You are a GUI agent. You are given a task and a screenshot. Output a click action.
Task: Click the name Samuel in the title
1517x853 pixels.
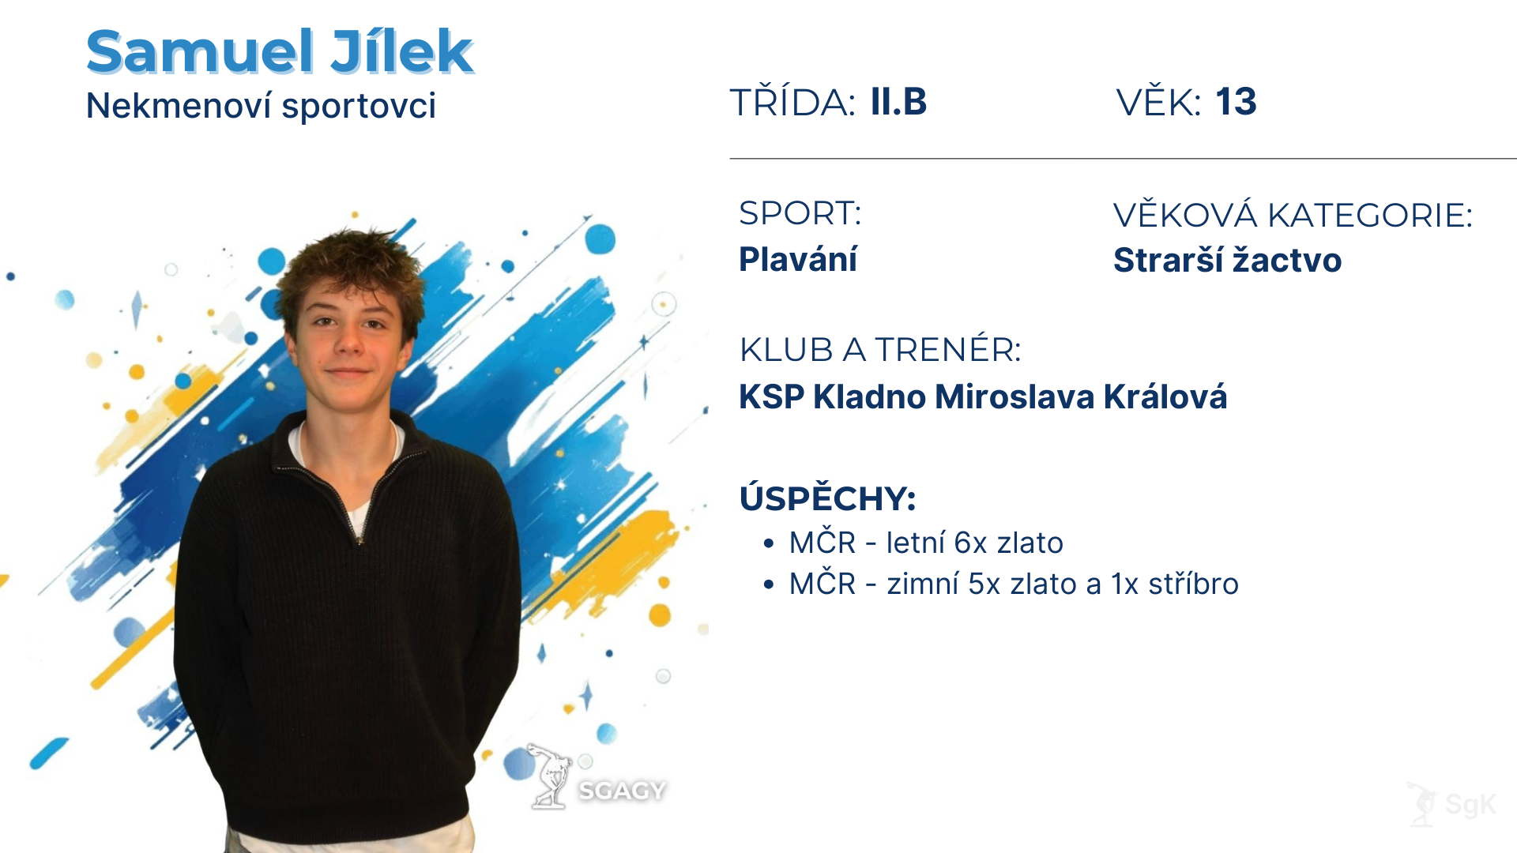coord(200,52)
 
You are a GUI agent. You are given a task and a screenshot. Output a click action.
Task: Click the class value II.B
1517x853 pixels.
coord(898,102)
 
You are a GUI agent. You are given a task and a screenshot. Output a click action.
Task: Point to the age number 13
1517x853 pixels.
coord(1236,102)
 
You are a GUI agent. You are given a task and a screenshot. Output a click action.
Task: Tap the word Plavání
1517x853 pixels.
coord(798,259)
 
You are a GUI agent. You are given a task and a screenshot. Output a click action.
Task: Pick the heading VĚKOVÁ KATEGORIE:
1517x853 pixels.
coord(1293,215)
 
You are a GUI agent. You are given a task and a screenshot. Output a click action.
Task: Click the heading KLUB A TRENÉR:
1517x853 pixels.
coord(880,349)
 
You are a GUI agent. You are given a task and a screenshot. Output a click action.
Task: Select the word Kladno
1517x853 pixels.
coord(870,396)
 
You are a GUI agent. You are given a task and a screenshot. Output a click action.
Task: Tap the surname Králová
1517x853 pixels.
coord(1165,396)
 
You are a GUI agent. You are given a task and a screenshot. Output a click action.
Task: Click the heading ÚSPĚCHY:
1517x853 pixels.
coord(828,498)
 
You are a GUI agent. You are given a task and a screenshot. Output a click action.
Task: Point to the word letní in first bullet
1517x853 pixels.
coord(916,543)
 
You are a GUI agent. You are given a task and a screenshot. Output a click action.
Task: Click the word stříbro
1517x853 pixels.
coord(1193,584)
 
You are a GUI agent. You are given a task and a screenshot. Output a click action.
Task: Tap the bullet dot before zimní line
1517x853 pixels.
coord(769,584)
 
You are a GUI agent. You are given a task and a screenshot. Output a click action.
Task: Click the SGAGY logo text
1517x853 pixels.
coord(622,791)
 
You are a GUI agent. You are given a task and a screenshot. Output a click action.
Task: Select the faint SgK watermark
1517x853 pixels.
coord(1470,805)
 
